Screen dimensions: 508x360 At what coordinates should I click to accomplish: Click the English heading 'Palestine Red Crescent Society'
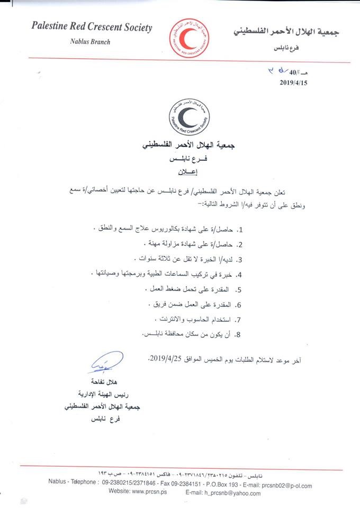coord(92,28)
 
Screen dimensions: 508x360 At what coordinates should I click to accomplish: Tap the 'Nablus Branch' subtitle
coord(89,42)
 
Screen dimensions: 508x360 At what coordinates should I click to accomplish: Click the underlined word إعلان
coord(182,172)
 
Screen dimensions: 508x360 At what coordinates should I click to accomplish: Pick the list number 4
coord(239,275)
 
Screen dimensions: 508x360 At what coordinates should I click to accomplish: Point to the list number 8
coord(239,334)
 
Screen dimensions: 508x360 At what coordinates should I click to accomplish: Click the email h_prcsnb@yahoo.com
coord(233,493)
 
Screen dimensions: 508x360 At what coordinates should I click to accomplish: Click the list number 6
coord(239,305)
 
